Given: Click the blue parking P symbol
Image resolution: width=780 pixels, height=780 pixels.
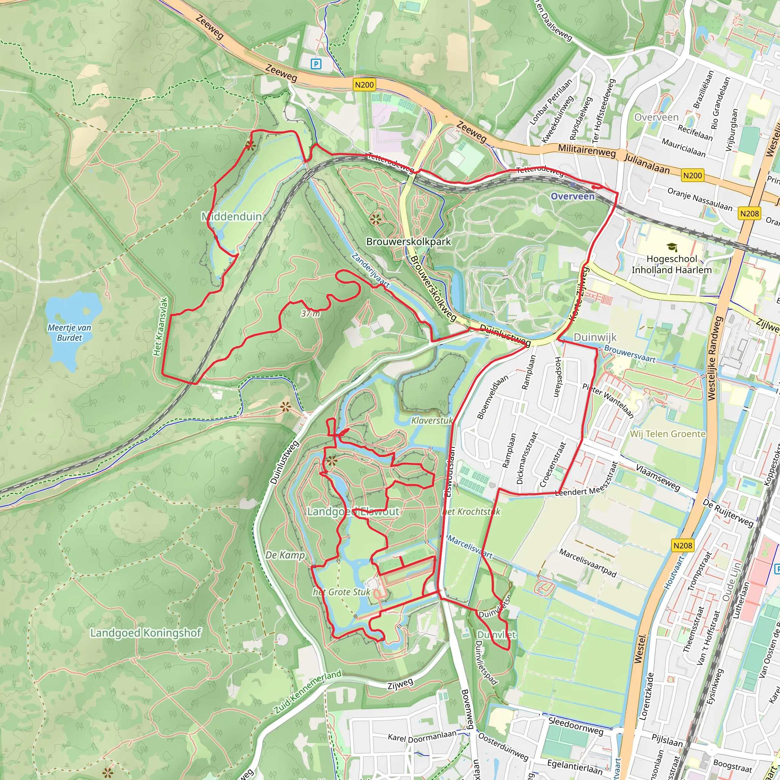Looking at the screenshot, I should pos(316,64).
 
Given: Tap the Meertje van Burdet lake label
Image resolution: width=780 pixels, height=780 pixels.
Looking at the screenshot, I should pos(69,332).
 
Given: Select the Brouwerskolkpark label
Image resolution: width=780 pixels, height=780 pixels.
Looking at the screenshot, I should pos(408,241).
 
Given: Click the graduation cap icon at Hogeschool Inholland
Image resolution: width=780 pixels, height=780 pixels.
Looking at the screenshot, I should pos(671,247).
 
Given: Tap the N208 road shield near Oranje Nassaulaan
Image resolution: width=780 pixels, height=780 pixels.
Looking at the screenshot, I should pos(749,213).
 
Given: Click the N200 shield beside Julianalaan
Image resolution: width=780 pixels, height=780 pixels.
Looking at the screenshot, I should pos(692,175).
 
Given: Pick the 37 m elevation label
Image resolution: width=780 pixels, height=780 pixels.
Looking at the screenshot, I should pos(310,313).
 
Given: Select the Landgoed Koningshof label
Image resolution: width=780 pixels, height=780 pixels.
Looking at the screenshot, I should pos(145,633).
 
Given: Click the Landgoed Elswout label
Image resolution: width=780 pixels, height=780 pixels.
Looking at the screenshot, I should pos(353,512).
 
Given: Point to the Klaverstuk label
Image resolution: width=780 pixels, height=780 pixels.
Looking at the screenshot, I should pos(432,420).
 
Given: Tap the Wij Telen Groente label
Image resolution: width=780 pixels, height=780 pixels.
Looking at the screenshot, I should pos(667,434).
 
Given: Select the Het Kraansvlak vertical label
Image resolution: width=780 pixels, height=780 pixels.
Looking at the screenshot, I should pos(160,327).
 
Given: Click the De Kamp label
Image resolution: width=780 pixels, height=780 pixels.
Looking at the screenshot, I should pos(285,555).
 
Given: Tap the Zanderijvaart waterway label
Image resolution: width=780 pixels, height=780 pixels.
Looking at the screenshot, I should pos(370,270).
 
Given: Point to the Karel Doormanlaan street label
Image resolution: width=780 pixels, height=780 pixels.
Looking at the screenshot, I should pos(422,735).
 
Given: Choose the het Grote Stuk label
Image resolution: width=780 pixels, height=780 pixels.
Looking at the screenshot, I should pos(341,592).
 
